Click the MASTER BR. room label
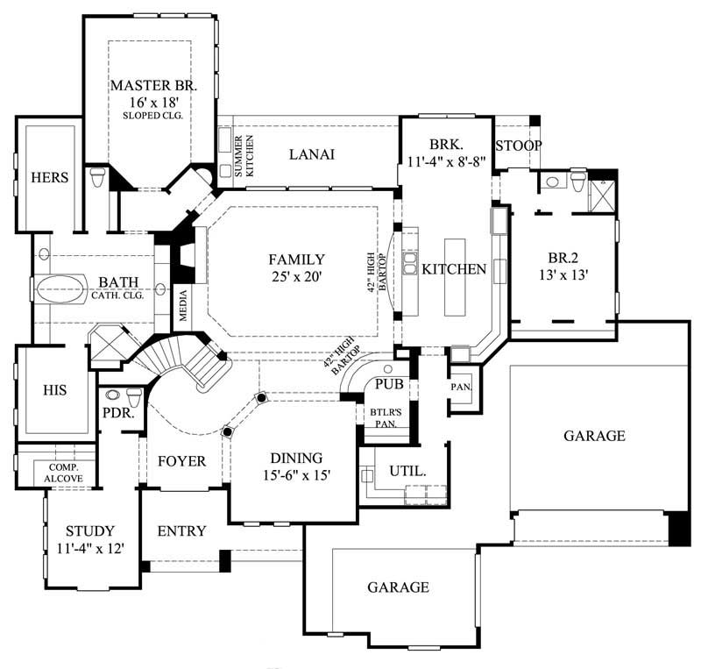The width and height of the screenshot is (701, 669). [153, 86]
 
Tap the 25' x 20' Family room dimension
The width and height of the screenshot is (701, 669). [296, 276]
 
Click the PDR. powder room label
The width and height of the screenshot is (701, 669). [117, 411]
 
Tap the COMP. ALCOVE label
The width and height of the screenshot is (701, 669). [70, 473]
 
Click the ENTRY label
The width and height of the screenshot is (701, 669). [181, 530]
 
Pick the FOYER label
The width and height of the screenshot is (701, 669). [181, 461]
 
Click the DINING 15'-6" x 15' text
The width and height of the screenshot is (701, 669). [296, 466]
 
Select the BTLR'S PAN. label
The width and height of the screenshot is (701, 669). [382, 417]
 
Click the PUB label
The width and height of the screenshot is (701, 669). [387, 384]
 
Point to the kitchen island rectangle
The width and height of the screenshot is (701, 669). [456, 276]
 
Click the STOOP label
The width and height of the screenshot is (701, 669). [519, 145]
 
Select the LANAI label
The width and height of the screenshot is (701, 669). [313, 154]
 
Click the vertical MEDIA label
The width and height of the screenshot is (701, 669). [184, 304]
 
